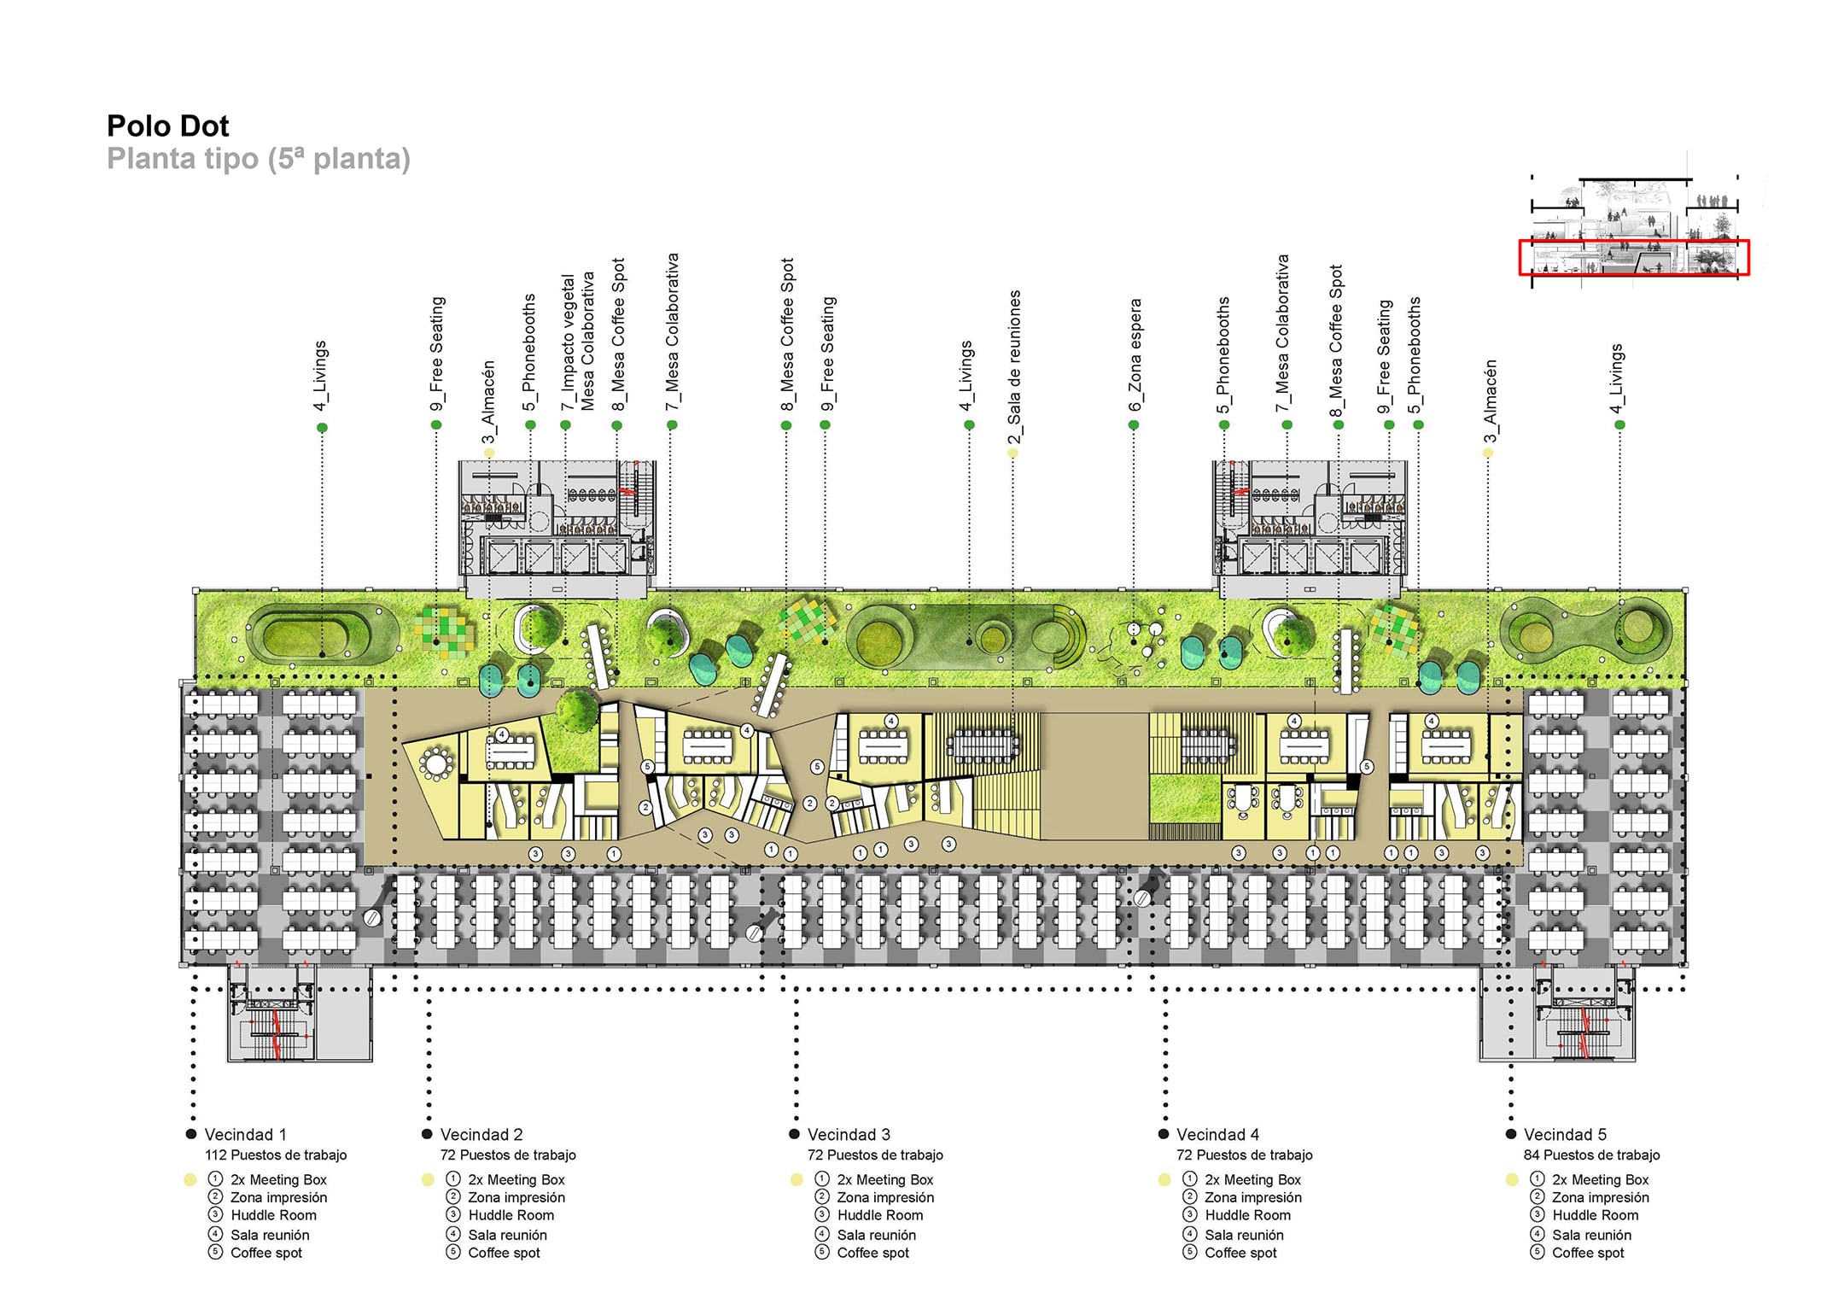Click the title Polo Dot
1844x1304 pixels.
167,126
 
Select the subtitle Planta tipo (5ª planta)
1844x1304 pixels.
259,159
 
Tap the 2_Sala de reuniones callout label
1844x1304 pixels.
1013,367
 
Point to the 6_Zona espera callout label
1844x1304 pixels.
1135,354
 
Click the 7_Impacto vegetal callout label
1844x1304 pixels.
569,342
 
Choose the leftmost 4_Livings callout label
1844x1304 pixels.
320,376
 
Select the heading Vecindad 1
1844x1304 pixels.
245,1134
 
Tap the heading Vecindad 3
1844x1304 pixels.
849,1134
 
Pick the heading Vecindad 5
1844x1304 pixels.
1565,1134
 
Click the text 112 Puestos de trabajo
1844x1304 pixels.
276,1155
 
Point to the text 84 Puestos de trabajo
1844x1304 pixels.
1591,1155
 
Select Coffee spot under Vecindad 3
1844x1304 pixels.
872,1253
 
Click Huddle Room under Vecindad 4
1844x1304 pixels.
1247,1215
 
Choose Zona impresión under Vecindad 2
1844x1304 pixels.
516,1197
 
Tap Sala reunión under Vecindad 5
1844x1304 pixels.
1591,1235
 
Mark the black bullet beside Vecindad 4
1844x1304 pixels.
1163,1134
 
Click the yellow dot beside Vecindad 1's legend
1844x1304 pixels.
190,1179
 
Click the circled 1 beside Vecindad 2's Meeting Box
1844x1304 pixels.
453,1178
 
